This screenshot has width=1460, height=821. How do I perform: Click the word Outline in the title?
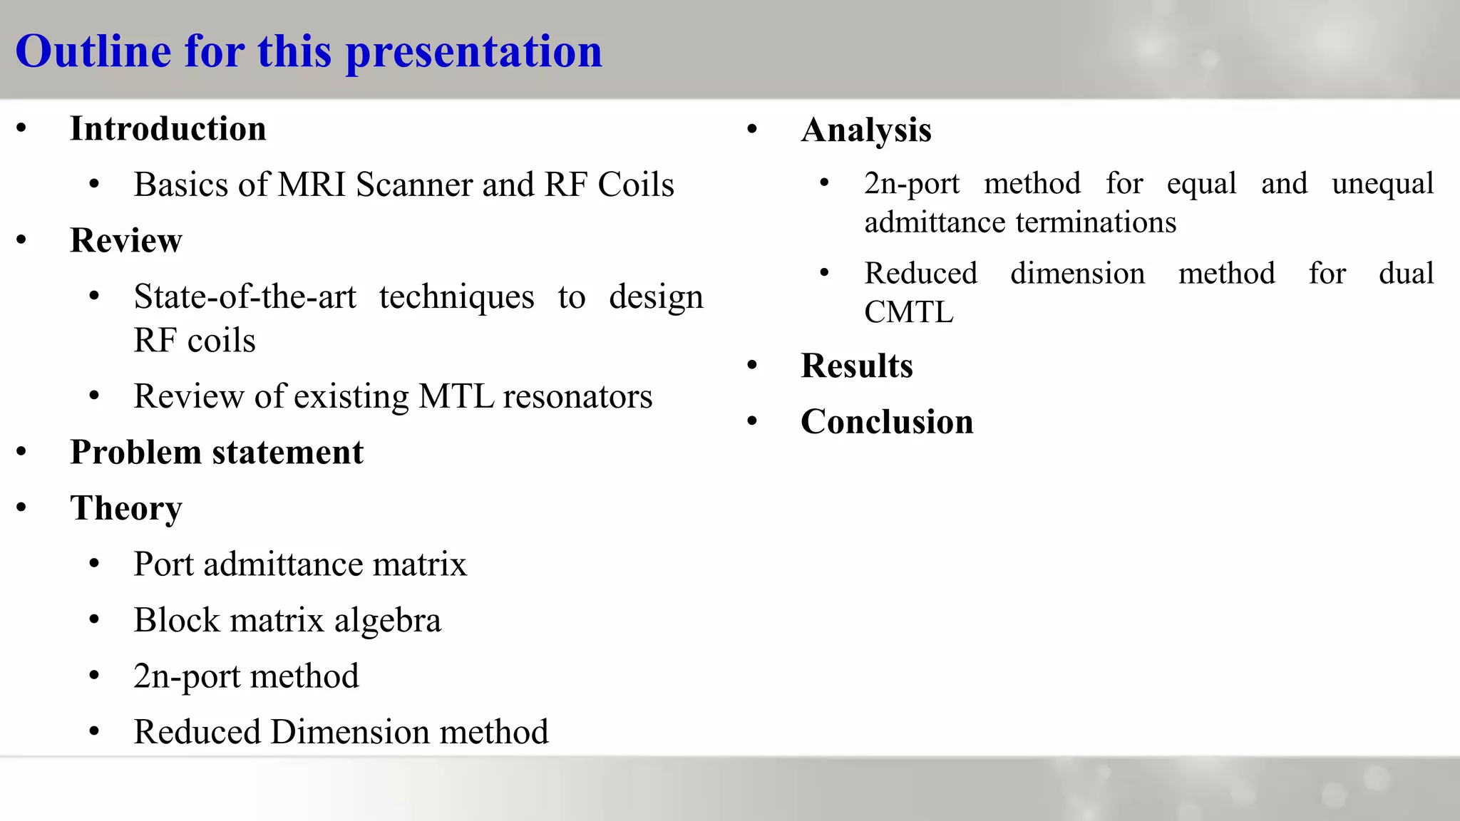pos(93,51)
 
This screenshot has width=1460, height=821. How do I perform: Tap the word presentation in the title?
pos(474,53)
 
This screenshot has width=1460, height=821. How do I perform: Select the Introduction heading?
pos(168,129)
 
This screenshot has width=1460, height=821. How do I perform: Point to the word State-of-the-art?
pos(245,296)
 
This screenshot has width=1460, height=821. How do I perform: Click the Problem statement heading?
pos(217,453)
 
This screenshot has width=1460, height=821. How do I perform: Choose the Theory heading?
pos(126,509)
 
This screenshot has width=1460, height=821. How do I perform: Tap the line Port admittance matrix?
pos(300,564)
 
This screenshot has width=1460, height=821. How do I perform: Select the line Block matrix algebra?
pos(287,620)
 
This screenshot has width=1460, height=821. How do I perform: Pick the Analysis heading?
pos(866,130)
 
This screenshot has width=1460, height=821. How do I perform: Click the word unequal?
pos(1382,184)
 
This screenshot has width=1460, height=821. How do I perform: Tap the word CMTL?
pos(909,312)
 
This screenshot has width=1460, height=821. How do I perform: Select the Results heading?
pos(857,366)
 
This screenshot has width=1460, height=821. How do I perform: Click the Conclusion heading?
pos(887,422)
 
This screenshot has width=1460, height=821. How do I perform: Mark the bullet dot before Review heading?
pos(21,240)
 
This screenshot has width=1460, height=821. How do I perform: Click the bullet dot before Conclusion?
pos(752,421)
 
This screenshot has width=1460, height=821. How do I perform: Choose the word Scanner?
pos(414,185)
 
